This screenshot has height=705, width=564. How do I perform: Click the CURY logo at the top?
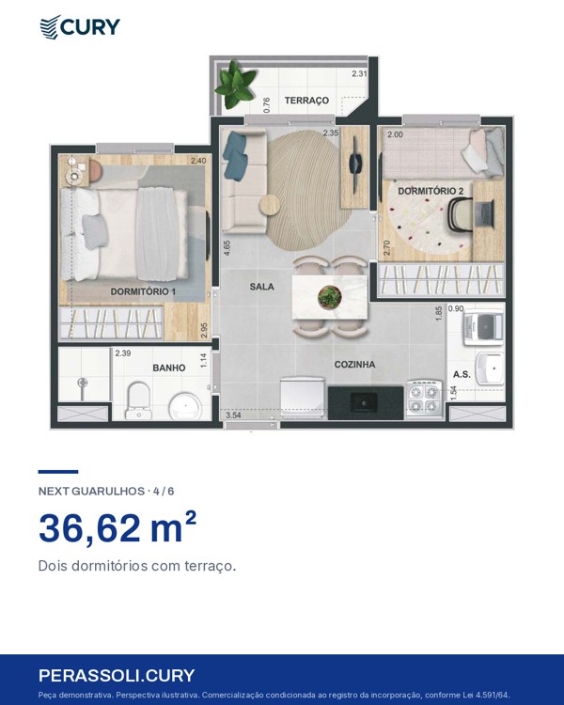[x=80, y=27]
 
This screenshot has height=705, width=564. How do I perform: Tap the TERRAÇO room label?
[x=306, y=101]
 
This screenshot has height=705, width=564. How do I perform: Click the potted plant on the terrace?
[x=235, y=85]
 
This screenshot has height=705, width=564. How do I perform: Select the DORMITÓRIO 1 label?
[x=143, y=291]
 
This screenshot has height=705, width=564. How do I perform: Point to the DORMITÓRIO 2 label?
[x=431, y=191]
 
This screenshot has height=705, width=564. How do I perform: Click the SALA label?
[x=261, y=287]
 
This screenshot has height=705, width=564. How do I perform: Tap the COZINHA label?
[x=354, y=364]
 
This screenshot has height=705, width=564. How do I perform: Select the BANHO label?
[x=168, y=368]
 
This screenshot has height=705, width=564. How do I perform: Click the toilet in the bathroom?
[x=137, y=400]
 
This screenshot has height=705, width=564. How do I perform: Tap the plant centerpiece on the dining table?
[x=330, y=297]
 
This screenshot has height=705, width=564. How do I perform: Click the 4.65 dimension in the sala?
[x=227, y=248]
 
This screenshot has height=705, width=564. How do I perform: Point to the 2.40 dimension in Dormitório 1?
[x=198, y=161]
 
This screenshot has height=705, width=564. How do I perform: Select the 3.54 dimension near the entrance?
[x=233, y=415]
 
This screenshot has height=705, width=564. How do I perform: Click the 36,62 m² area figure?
[x=117, y=528]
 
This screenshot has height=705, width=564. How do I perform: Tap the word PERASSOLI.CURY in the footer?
[x=117, y=675]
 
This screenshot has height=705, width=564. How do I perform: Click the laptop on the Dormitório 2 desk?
[x=484, y=214]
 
